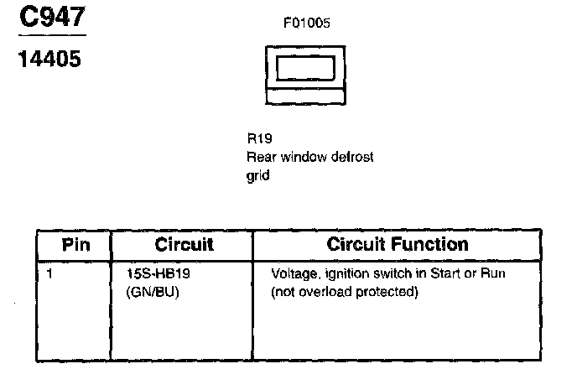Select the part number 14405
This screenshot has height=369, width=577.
[x=49, y=60]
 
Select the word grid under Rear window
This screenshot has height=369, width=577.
[x=257, y=176]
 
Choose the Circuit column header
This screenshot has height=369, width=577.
[x=184, y=245]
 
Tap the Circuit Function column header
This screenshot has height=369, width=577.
[x=398, y=245]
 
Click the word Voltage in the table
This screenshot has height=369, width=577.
[x=292, y=274]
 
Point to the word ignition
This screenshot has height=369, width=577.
[x=340, y=274]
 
